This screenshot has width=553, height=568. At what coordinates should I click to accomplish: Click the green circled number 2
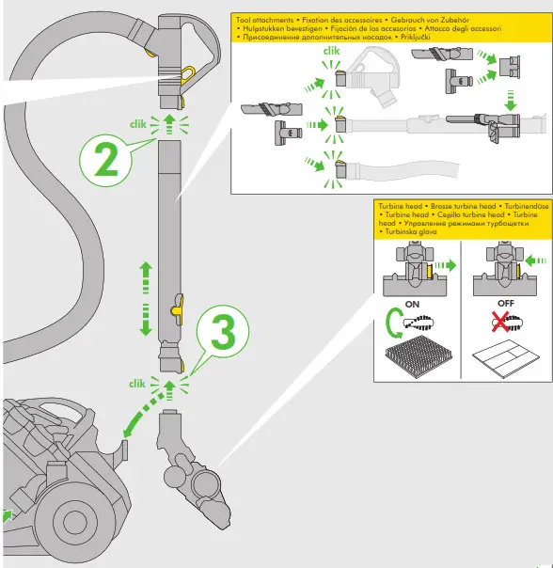click(x=107, y=162)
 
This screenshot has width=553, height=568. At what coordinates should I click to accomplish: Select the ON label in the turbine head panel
click(x=411, y=304)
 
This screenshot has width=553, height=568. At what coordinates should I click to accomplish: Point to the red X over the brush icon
click(x=501, y=322)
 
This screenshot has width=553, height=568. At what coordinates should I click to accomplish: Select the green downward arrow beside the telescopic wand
click(x=146, y=320)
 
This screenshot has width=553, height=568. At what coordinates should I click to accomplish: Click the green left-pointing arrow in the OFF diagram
click(x=527, y=260)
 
